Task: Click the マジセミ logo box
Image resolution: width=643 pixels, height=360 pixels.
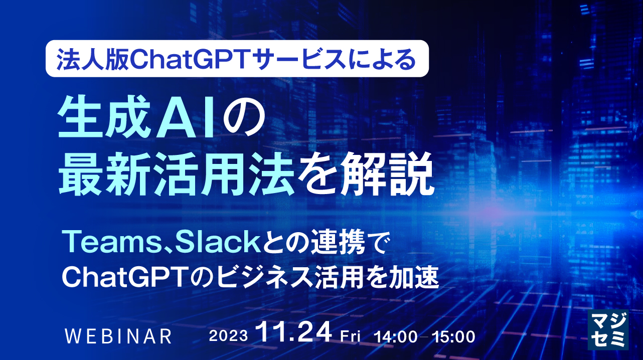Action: (608, 328)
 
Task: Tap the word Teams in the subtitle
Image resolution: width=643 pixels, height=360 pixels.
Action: (95, 244)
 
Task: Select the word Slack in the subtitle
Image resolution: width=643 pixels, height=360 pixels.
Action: (181, 244)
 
